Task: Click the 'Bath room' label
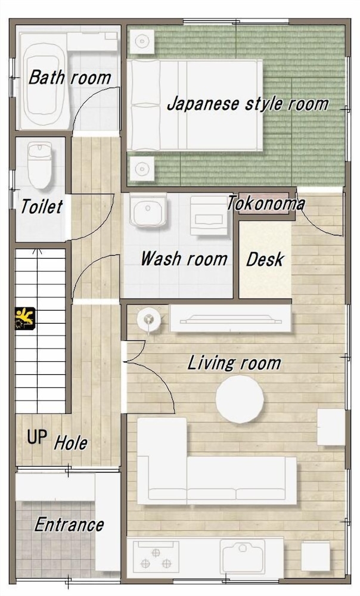coord(70,77)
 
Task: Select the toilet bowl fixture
coord(39,166)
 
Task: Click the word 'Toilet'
coord(42,206)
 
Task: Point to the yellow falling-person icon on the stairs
coord(25,318)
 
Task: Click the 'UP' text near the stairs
coord(37,437)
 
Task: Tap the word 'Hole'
coord(71,443)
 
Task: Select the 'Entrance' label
coord(69,525)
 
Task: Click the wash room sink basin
coord(148,210)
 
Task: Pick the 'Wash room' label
coord(184,259)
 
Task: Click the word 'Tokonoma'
coord(266,204)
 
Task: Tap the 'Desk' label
coord(265,260)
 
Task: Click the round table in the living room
coord(240,399)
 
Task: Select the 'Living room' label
coord(234,363)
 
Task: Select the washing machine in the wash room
coord(209,215)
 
